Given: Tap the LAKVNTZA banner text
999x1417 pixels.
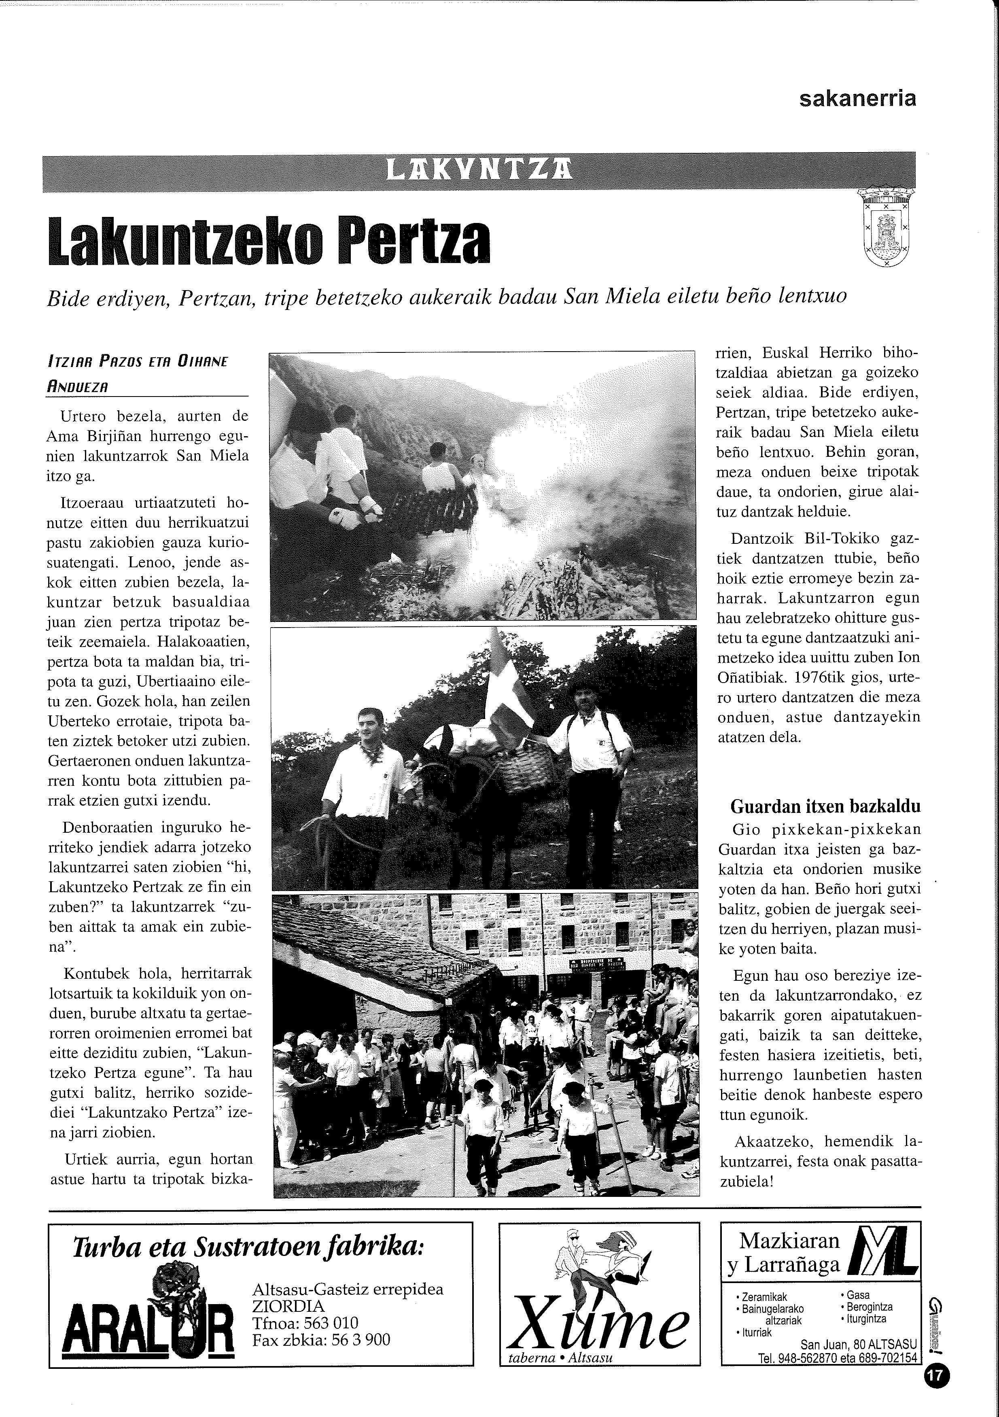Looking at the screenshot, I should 478,168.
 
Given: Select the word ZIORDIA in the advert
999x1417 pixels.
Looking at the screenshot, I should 288,1307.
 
